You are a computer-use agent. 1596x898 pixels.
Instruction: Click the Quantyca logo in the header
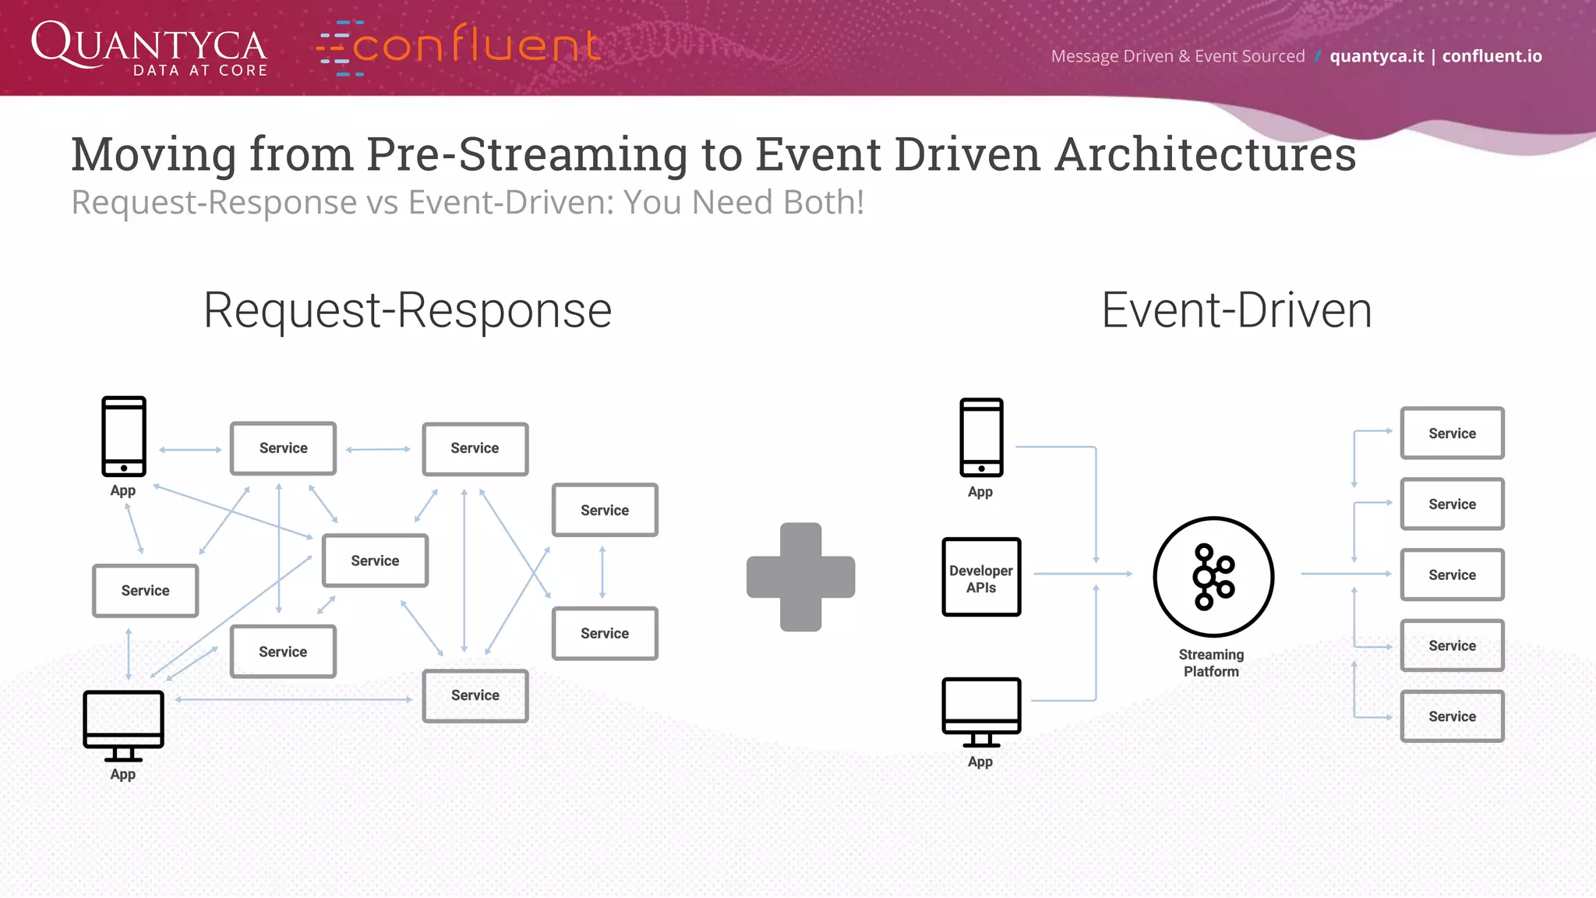[x=149, y=48]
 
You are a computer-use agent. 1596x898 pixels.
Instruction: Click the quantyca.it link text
[x=1376, y=56]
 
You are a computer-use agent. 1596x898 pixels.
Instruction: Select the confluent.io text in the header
[x=1492, y=56]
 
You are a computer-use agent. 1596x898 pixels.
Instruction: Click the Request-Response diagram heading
[x=408, y=310]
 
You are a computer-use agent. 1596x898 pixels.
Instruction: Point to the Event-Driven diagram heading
[x=1236, y=310]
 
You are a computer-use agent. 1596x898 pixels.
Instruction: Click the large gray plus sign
[x=800, y=577]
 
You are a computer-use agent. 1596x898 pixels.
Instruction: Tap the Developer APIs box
[x=981, y=578]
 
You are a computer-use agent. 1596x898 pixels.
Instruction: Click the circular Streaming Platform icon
[x=1213, y=577]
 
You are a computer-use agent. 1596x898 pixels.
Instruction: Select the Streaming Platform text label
[x=1211, y=663]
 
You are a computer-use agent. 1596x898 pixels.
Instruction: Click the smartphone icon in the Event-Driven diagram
[x=981, y=437]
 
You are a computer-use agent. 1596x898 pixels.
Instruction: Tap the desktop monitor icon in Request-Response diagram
[x=123, y=725]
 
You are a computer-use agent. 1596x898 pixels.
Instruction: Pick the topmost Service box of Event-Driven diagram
[x=1452, y=433]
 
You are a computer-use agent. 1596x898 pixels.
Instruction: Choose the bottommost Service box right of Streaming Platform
[x=1452, y=716]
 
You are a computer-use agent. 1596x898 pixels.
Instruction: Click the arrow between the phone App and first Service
[x=190, y=450]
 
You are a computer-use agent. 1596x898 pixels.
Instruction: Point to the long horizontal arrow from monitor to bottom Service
[x=295, y=699]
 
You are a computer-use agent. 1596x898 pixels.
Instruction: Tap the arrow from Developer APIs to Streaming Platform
[x=1082, y=574]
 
